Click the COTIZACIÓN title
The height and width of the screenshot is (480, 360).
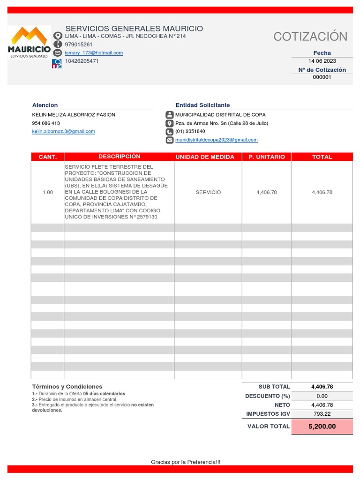coord(310,37)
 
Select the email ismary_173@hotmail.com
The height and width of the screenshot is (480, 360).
coord(94,53)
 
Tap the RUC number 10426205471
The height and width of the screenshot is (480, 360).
coord(82,61)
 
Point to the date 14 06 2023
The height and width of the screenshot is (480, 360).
coord(322,61)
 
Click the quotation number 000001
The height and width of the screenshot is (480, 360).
coord(322,77)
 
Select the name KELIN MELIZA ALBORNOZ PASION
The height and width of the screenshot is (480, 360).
coord(74,115)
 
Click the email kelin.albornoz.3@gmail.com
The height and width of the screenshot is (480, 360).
coord(63,132)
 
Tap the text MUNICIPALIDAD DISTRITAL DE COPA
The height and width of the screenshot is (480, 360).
coord(220,115)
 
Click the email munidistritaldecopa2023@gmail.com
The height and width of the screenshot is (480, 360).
coord(216,140)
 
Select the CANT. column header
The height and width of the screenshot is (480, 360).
coord(47,157)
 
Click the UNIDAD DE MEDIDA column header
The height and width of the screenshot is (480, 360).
coord(208,157)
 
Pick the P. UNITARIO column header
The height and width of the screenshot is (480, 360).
coord(267,157)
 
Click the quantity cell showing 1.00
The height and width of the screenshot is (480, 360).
coord(47,192)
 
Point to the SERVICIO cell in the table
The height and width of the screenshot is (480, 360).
coord(208,192)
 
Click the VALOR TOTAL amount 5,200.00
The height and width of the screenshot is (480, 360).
coord(322,427)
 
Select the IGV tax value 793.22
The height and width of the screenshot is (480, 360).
coord(322,414)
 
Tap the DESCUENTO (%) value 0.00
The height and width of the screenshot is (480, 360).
coord(322,396)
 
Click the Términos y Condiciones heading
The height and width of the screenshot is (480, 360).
coord(67,387)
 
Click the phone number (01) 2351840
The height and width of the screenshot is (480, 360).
coord(190,132)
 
